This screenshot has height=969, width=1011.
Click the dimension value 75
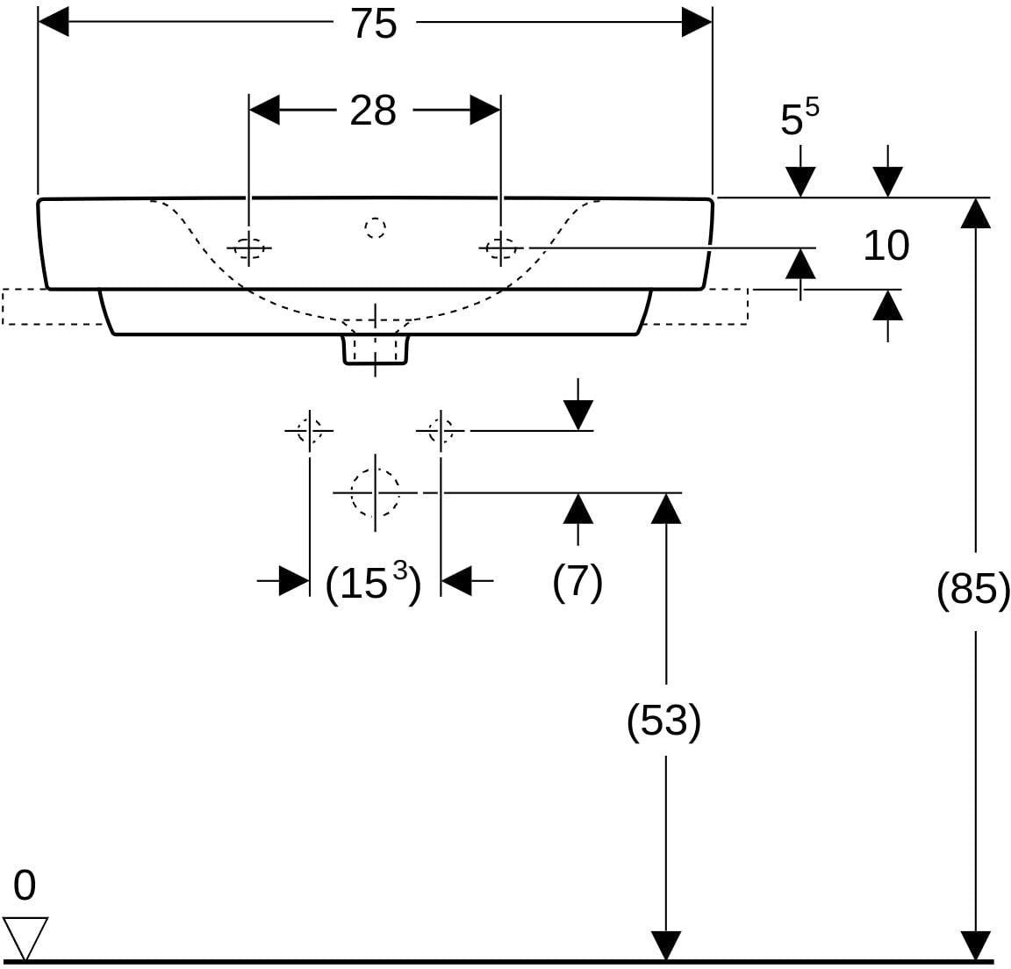pyautogui.click(x=374, y=25)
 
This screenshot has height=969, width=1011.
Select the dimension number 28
pyautogui.click(x=373, y=111)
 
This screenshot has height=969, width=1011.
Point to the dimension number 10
pyautogui.click(x=886, y=246)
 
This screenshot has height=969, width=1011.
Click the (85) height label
pyautogui.click(x=973, y=589)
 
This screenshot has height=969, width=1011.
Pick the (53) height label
pyautogui.click(x=663, y=721)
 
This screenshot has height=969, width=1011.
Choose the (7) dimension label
pyautogui.click(x=577, y=582)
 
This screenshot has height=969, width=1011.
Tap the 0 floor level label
pyautogui.click(x=25, y=886)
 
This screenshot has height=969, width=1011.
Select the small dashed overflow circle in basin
pyautogui.click(x=375, y=227)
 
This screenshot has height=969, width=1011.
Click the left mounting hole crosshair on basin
pyautogui.click(x=249, y=248)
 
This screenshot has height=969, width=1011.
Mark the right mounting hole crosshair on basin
pyautogui.click(x=501, y=248)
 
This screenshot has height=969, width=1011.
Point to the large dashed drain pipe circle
pyautogui.click(x=376, y=492)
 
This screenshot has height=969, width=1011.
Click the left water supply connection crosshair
pyautogui.click(x=310, y=430)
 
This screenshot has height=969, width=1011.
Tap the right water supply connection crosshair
pyautogui.click(x=441, y=430)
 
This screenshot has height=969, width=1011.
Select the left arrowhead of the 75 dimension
pyautogui.click(x=53, y=23)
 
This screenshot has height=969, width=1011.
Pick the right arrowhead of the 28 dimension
pyautogui.click(x=485, y=111)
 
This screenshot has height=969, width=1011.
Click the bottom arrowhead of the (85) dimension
pyautogui.click(x=976, y=946)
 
